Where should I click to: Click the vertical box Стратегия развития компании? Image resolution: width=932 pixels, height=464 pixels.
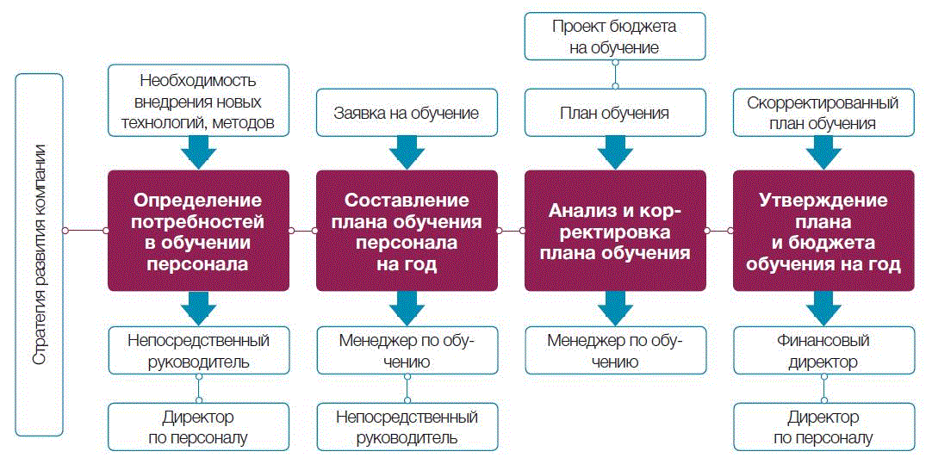(x=40, y=255)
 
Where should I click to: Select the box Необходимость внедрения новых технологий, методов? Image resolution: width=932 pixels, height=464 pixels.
(x=198, y=100)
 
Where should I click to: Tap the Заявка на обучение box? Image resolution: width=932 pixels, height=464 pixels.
(x=407, y=113)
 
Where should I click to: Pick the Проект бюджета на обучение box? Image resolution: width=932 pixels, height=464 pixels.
(x=615, y=36)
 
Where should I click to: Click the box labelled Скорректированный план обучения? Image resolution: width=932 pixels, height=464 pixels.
(x=823, y=113)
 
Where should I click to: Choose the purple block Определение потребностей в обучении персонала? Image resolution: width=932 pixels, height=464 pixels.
(x=198, y=231)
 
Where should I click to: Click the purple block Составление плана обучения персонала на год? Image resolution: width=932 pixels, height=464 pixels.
(x=407, y=231)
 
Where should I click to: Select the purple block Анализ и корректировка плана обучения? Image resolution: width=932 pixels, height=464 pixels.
(x=615, y=231)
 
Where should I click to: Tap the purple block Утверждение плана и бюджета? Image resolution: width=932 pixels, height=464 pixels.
(x=823, y=231)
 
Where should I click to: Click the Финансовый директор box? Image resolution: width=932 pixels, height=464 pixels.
(x=823, y=350)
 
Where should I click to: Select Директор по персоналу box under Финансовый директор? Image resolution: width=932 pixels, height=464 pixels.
(x=823, y=427)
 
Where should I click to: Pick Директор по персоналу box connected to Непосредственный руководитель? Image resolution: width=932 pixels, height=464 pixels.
(x=198, y=427)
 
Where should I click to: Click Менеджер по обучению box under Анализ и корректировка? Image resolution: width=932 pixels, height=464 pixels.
(x=615, y=350)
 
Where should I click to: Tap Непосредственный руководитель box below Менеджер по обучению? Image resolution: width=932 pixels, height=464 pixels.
(x=407, y=427)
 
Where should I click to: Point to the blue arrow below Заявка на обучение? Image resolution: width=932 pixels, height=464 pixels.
(x=407, y=152)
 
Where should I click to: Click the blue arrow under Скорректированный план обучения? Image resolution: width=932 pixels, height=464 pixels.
(x=823, y=152)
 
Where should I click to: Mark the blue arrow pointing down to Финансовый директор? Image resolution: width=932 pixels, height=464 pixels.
(x=823, y=307)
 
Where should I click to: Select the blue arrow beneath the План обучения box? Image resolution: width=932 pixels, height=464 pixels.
(x=615, y=152)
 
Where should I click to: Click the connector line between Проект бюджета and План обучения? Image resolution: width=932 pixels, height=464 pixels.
(x=615, y=74)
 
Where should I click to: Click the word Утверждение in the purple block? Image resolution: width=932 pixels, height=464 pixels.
(x=823, y=201)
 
